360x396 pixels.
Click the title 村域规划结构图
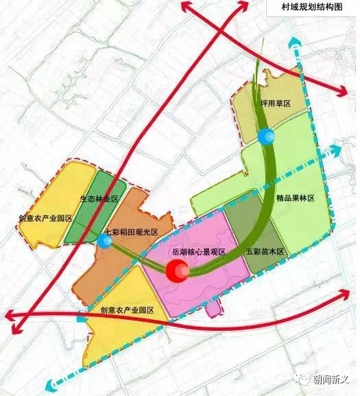tap(311, 10)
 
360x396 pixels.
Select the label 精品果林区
tap(295, 198)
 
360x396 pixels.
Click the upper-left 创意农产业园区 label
tap(45, 218)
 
